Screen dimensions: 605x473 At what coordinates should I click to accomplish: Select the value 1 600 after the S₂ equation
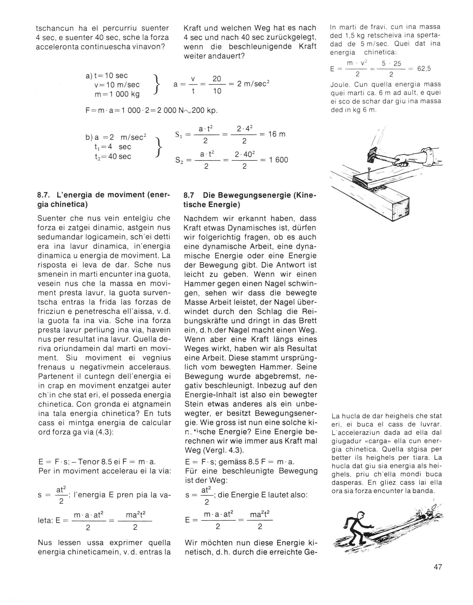pos(278,160)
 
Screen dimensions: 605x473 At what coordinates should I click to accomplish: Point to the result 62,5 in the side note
pos(424,69)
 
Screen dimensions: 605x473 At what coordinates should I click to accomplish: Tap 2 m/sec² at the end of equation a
pos(253,84)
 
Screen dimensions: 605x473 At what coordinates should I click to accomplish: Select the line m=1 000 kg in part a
pos(117,94)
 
